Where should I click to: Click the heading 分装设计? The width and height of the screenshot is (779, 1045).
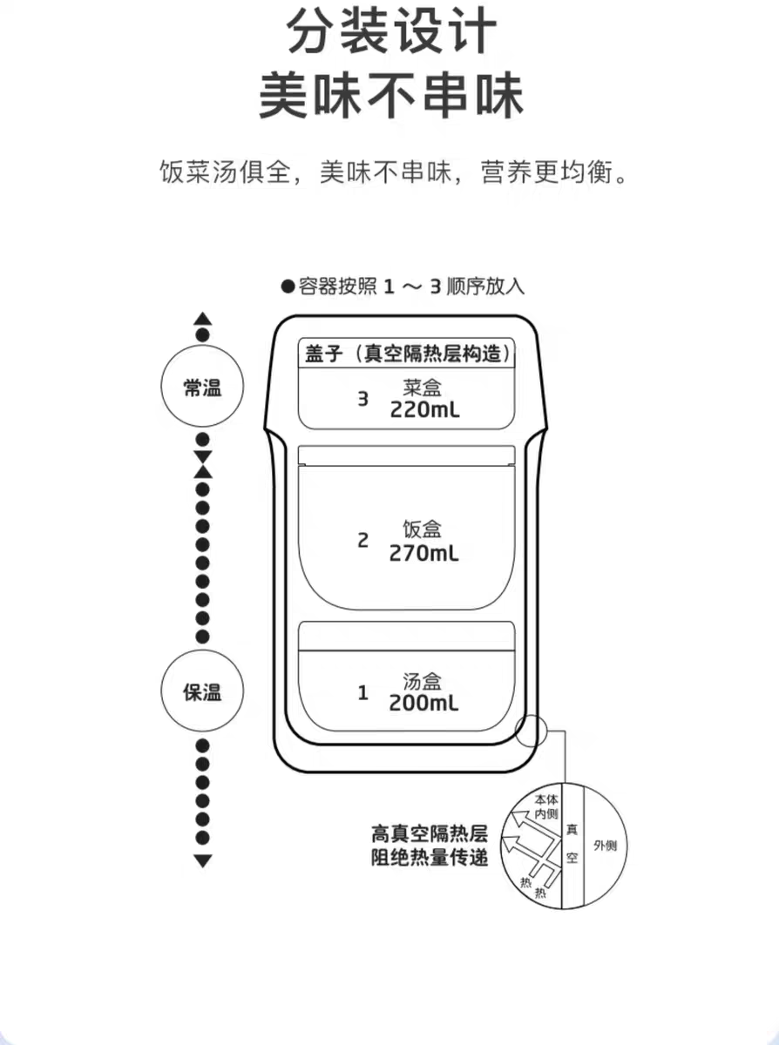[x=391, y=31]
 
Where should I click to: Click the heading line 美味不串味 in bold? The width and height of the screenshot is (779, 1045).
[x=391, y=96]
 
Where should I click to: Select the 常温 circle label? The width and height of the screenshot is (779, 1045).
[x=202, y=388]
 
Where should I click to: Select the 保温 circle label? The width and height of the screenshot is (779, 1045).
[x=202, y=692]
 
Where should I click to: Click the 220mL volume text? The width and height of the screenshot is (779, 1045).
[x=424, y=410]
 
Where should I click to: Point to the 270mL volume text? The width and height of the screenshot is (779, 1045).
[x=423, y=554]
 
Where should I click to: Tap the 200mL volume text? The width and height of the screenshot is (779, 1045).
[x=423, y=704]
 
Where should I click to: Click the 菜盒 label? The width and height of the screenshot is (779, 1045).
[x=422, y=388]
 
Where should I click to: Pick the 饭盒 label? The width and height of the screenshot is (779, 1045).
[x=422, y=529]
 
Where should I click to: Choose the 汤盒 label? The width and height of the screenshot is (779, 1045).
[x=422, y=681]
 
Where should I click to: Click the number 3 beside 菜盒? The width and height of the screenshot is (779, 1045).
[x=362, y=399]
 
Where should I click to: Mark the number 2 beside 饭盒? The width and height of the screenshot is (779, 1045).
[x=362, y=541]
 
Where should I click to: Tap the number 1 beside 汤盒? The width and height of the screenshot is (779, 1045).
[x=362, y=692]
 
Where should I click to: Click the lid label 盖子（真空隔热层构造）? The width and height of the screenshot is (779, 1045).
[x=408, y=354]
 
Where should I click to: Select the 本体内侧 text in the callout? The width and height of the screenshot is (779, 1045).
[x=546, y=806]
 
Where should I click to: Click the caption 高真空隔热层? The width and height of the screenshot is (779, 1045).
[x=429, y=834]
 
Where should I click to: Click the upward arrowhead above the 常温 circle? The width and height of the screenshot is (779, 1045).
[x=203, y=319]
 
